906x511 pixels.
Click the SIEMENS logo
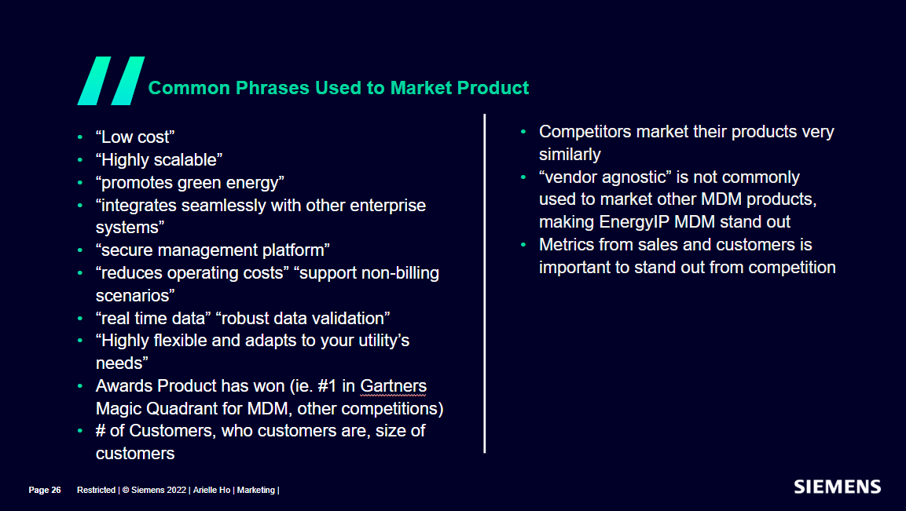pos(837,487)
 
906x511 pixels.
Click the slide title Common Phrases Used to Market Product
pos(339,88)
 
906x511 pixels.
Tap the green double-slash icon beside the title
pos(111,81)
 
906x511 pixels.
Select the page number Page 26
pos(45,490)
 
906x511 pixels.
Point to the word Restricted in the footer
pos(96,490)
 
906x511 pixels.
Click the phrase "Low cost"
pos(135,137)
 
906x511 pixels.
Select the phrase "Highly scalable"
pos(159,160)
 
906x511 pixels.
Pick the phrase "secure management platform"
pos(213,250)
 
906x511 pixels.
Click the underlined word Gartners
pos(394,385)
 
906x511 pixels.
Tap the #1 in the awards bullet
pos(327,385)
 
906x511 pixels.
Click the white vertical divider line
pos(484,283)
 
